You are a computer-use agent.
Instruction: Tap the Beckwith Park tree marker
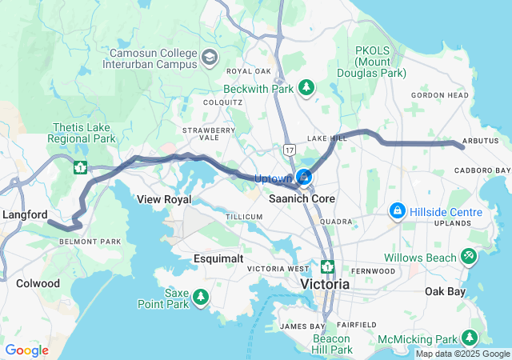point(306,86)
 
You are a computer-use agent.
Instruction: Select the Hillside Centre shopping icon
point(396,211)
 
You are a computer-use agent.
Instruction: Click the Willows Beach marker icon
point(469,257)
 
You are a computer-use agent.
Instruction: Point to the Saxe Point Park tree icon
point(200,298)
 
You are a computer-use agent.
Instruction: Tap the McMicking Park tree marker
point(470,338)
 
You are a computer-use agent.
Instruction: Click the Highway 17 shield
point(289,150)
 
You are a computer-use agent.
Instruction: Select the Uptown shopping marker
point(304,177)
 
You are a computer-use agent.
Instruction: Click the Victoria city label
point(325,284)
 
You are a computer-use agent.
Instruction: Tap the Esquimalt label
point(218,258)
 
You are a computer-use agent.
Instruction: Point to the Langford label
point(25,214)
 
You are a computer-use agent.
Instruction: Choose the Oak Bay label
point(445,291)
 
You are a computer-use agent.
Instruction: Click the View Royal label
point(163,198)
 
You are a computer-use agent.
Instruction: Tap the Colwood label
point(38,283)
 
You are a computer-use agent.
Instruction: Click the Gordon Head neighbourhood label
point(439,94)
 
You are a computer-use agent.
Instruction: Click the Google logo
point(26,350)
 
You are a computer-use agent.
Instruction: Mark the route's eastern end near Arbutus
point(462,146)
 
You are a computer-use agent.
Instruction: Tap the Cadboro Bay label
point(482,170)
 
